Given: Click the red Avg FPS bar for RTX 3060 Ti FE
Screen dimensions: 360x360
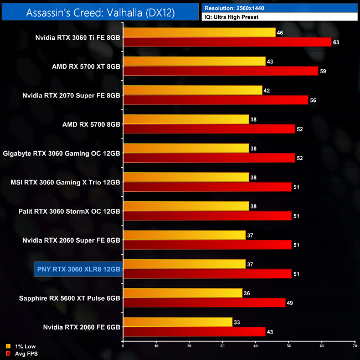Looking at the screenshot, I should coord(227,42).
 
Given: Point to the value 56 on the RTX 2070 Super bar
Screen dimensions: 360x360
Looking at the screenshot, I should coord(313,100).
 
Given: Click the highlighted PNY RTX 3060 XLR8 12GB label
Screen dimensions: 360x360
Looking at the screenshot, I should coord(78,269).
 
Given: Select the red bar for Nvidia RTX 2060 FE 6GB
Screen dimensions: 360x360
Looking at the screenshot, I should coord(194,331).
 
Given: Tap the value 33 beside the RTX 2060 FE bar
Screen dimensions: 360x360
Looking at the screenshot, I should coord(238,321).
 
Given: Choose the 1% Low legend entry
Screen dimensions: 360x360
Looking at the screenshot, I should coord(22,346).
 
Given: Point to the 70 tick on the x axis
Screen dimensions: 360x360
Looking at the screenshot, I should coord(354,347).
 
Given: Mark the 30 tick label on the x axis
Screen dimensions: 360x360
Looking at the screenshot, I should coord(222,347).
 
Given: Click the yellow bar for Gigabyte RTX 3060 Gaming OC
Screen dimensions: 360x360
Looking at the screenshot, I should coord(186,148).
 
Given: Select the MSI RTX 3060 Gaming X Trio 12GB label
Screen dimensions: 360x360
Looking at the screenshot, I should coord(65,182).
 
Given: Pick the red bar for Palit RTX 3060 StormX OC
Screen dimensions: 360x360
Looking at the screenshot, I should coord(207,215).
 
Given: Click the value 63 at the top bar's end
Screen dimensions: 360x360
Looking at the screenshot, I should coord(337,42).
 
